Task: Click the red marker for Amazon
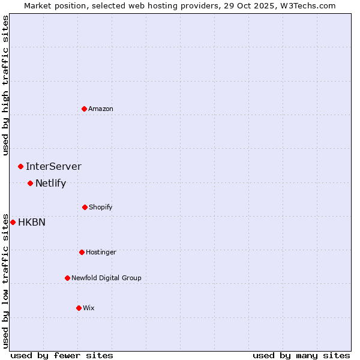point(85,109)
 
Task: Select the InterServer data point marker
point(20,166)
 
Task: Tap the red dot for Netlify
point(30,183)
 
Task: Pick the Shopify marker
point(85,207)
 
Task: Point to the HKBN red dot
point(13,222)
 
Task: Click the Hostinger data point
point(82,252)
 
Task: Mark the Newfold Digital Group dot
point(67,278)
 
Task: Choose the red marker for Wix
point(79,308)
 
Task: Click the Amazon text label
point(101,109)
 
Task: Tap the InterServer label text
point(53,166)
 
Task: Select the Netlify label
point(50,183)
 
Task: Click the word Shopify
point(101,207)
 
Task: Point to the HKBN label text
point(32,222)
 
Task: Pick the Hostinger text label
point(101,252)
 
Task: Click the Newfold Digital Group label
point(106,278)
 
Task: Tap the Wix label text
point(89,308)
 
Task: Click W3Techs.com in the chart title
point(305,5)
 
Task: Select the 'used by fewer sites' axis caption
point(62,355)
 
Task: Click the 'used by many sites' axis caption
point(301,355)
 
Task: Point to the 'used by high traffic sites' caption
point(5,85)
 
